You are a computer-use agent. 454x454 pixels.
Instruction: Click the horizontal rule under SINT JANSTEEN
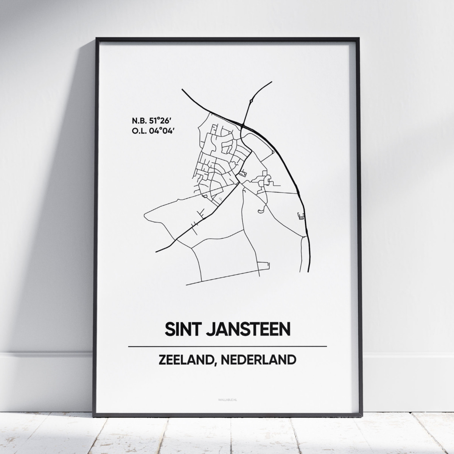tap(227, 346)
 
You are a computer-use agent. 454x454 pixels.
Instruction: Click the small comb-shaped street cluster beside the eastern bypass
tap(301, 216)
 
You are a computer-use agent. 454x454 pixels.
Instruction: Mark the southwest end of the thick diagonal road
tap(157, 251)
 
